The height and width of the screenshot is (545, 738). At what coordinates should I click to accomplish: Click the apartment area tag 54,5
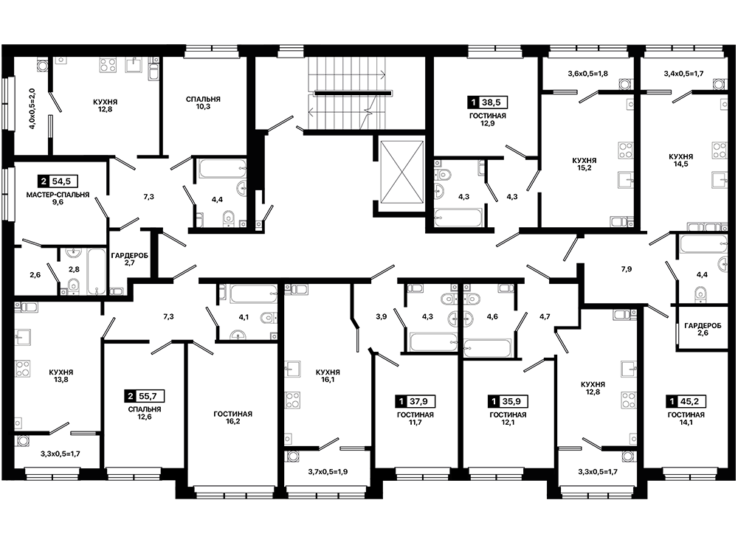tap(58, 181)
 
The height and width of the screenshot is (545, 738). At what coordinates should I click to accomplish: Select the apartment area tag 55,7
tap(144, 396)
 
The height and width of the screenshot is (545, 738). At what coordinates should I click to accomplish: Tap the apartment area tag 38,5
tap(486, 102)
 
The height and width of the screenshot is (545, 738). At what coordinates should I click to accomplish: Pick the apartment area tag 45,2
tap(686, 401)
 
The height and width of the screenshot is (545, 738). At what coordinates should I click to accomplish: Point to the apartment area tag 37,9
tap(415, 401)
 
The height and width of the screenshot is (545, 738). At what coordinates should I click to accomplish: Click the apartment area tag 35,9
tap(508, 401)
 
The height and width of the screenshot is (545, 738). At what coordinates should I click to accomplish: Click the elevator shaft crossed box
tap(401, 171)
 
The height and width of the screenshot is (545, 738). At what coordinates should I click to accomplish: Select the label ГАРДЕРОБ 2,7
tap(129, 259)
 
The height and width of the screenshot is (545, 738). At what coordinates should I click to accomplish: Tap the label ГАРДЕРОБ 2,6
tap(703, 329)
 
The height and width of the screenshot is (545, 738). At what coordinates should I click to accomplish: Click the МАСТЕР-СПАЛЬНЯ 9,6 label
tap(58, 198)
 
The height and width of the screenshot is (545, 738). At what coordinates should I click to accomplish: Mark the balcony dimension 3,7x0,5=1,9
tap(328, 472)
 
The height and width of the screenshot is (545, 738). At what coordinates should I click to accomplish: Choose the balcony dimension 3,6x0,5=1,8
tap(587, 73)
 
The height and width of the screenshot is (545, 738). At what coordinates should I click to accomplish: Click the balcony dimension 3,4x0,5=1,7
tap(683, 73)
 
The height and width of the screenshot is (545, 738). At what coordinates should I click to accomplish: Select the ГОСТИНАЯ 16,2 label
tap(232, 417)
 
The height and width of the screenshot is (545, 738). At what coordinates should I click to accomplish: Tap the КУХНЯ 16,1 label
tap(328, 375)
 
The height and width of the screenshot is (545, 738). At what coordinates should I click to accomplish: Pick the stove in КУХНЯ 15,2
tap(626, 150)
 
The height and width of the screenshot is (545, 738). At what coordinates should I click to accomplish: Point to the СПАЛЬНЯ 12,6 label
tap(145, 413)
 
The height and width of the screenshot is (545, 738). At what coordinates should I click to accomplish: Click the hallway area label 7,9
tap(626, 269)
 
